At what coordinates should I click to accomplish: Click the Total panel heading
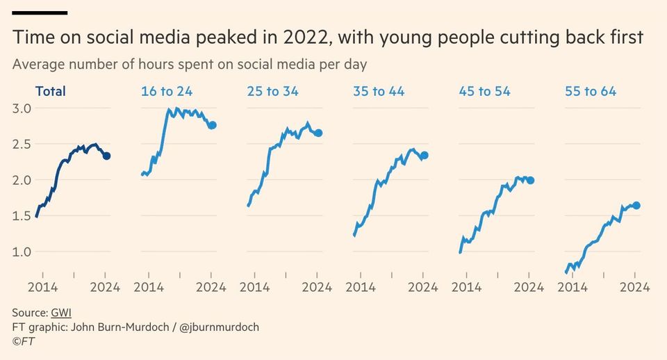click(50, 91)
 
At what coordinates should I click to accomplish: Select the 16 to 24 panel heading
click(167, 91)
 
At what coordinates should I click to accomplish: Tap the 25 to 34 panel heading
click(273, 91)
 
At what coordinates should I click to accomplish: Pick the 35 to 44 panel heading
click(379, 91)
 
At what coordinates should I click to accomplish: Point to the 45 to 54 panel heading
click(485, 91)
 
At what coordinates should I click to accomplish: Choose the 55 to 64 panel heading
click(591, 91)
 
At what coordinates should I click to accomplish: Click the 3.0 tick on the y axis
click(22, 108)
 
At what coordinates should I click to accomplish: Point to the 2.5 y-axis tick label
click(22, 144)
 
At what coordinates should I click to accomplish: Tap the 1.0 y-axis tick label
click(22, 252)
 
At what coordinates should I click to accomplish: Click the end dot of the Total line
click(106, 156)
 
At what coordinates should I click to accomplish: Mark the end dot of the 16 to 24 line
click(213, 125)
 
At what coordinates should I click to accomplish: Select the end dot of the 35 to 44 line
click(425, 156)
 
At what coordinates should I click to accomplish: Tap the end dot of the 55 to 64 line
click(636, 205)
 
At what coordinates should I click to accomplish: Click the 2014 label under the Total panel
click(42, 286)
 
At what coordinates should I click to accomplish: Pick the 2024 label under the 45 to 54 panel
click(529, 286)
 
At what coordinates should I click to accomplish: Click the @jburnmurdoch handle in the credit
click(219, 327)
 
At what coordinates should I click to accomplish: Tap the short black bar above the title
click(40, 13)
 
